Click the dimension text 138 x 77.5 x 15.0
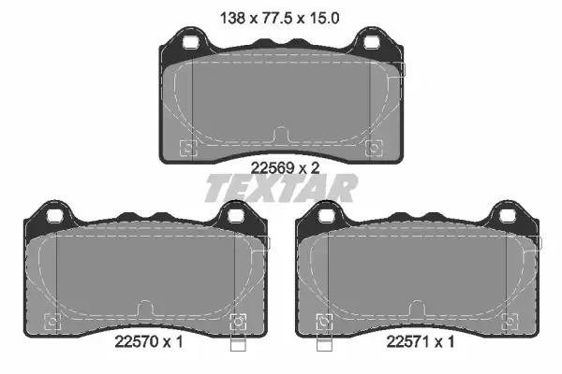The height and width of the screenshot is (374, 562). (279, 18)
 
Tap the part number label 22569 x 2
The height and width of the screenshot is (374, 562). (285, 167)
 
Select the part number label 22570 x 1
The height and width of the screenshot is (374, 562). (149, 342)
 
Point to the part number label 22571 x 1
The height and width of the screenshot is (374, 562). (420, 342)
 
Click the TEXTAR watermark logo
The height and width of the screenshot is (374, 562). (281, 188)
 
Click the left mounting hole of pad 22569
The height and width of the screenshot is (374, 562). (190, 42)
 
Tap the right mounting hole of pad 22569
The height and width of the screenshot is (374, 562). (372, 42)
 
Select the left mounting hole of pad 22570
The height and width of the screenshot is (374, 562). (55, 216)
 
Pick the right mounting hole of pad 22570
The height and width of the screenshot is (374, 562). (236, 216)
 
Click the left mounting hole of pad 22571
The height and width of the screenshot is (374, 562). (327, 216)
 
